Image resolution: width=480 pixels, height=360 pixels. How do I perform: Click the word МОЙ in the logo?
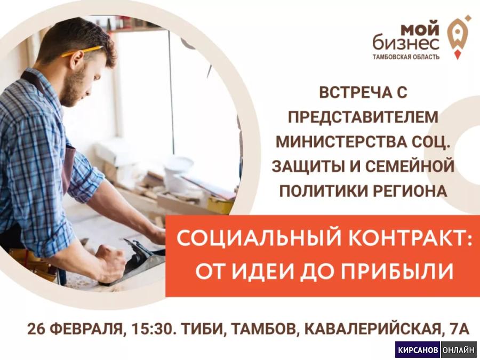tap(420, 30)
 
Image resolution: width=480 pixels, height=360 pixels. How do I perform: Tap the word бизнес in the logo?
tap(406, 44)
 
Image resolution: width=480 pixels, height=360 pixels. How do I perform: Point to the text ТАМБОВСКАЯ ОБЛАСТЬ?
tap(406, 57)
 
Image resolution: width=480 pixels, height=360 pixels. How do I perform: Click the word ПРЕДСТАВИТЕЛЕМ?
tap(363, 117)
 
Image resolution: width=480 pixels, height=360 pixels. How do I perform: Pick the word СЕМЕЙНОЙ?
tap(409, 166)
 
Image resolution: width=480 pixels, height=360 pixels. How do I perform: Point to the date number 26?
tap(37, 329)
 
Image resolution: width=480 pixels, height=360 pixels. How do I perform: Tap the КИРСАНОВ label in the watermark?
tap(418, 350)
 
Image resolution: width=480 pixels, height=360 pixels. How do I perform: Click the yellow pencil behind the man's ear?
tap(82, 51)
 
